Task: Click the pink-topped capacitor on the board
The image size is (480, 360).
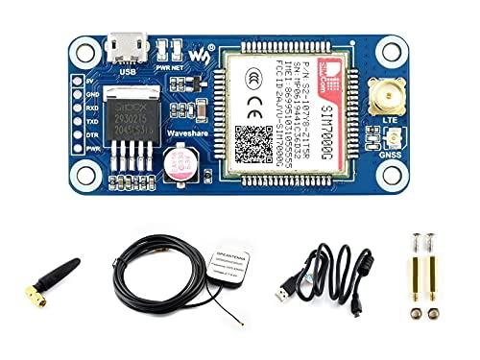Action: [x=180, y=163]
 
